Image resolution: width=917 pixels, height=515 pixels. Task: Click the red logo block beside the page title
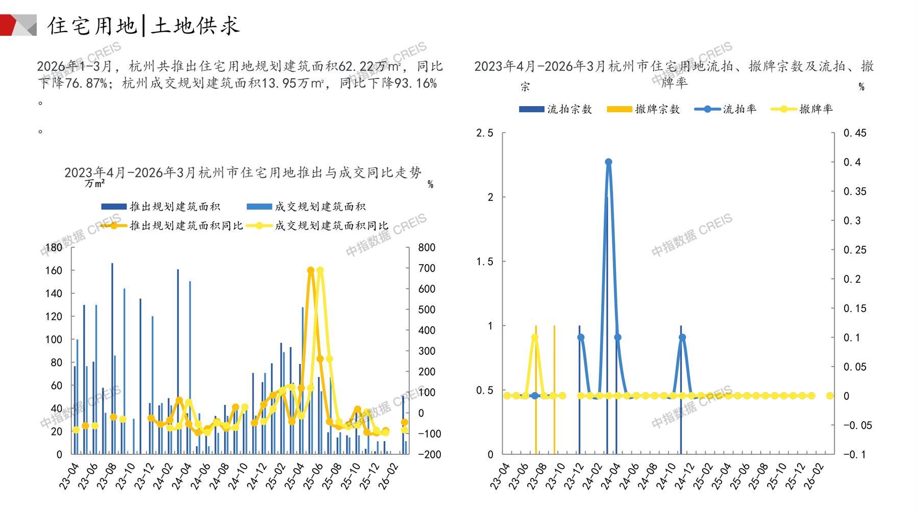pyautogui.click(x=11, y=25)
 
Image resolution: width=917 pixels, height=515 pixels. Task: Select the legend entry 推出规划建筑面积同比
pyautogui.click(x=186, y=225)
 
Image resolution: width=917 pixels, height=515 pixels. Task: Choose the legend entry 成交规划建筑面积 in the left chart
pyautogui.click(x=319, y=207)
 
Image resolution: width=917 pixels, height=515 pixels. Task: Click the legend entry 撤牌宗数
pyautogui.click(x=657, y=109)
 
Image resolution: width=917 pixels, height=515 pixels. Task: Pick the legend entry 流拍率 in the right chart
pyautogui.click(x=739, y=109)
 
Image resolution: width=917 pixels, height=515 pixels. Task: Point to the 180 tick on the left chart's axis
pyautogui.click(x=54, y=248)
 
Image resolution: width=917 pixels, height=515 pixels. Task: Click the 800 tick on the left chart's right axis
pyautogui.click(x=427, y=248)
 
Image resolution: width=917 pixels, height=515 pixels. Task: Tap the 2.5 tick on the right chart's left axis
pyautogui.click(x=484, y=133)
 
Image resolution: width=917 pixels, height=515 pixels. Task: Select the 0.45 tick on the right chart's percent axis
pyautogui.click(x=855, y=133)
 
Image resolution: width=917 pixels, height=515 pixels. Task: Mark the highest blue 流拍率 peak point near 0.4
pyautogui.click(x=608, y=162)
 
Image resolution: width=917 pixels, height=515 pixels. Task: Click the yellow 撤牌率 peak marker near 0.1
pyautogui.click(x=535, y=337)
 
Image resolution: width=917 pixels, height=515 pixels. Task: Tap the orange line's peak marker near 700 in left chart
pyautogui.click(x=311, y=270)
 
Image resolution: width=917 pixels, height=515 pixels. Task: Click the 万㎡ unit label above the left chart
pyautogui.click(x=95, y=183)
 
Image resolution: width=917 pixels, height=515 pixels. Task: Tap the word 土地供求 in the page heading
pyautogui.click(x=194, y=25)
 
